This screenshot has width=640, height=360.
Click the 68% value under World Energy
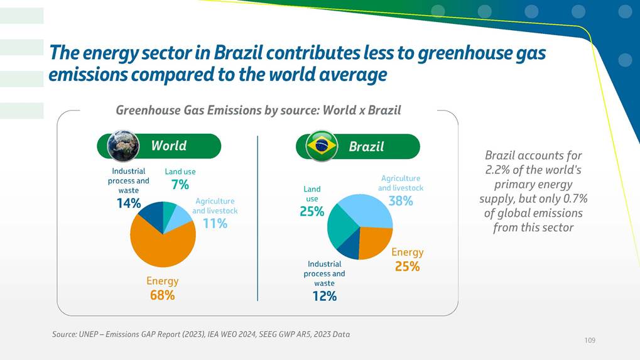[162, 295]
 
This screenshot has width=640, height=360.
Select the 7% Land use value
[180, 185]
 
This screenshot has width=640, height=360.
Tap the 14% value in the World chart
[128, 203]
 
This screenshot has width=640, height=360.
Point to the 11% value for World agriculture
[215, 223]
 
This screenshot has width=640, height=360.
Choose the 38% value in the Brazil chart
[401, 201]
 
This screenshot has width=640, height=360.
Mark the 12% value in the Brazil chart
[324, 296]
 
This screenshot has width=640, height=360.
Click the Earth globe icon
[123, 146]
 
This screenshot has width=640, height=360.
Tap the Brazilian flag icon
[322, 146]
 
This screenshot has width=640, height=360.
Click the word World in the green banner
[169, 146]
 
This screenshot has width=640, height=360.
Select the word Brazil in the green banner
[366, 146]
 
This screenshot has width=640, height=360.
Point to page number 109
[589, 340]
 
